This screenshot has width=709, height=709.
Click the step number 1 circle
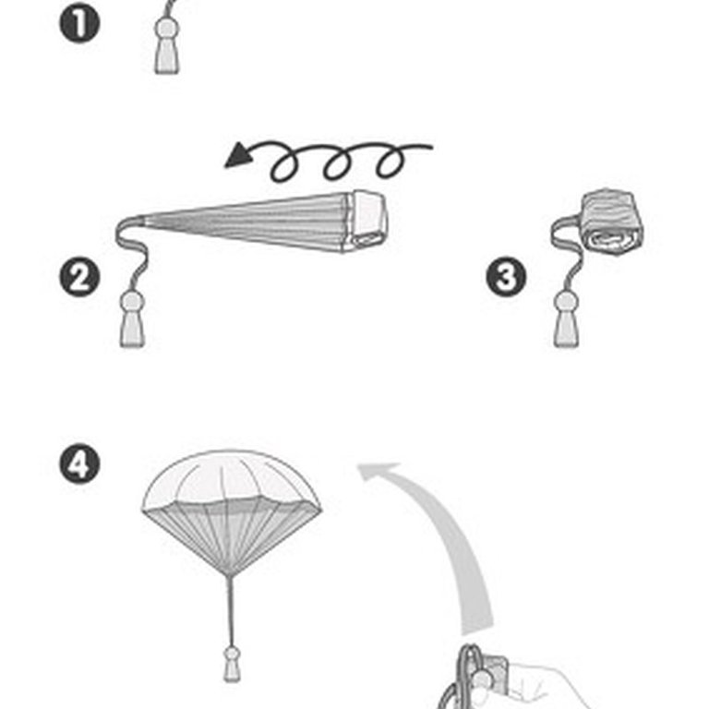79,22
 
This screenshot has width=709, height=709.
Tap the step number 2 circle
79,277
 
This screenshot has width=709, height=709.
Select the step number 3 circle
506,277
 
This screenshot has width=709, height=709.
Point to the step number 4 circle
79,464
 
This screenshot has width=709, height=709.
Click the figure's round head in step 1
167,30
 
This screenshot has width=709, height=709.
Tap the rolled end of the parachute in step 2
368,221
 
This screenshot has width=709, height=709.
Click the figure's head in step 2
132,302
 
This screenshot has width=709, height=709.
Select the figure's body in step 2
132,330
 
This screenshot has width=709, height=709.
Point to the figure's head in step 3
566,302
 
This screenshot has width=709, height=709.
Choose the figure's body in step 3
566,330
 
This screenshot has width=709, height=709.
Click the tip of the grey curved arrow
358,465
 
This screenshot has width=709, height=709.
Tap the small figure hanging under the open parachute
232,664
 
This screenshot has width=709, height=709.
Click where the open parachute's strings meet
230,576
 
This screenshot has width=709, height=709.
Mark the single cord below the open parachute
231,611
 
